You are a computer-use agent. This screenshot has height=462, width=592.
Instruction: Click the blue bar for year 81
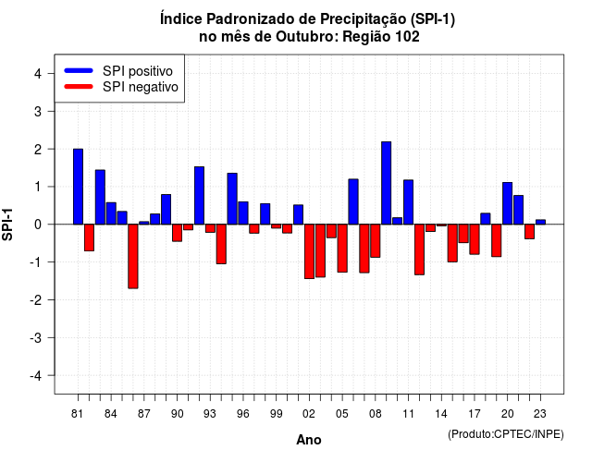pyautogui.click(x=78, y=187)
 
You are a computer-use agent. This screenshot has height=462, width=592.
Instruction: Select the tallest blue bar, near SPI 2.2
pyautogui.click(x=387, y=183)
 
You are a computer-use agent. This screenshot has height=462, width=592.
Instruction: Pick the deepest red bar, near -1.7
pyautogui.click(x=133, y=257)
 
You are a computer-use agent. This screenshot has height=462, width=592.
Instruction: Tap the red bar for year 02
pyautogui.click(x=309, y=251)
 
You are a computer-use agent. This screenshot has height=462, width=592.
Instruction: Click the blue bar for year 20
pyautogui.click(x=508, y=203)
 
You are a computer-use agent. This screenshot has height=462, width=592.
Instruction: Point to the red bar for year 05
pyautogui.click(x=342, y=249)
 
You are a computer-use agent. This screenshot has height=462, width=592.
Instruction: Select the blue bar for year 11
pyautogui.click(x=409, y=202)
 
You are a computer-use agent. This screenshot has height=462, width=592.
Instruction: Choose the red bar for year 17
pyautogui.click(x=475, y=239)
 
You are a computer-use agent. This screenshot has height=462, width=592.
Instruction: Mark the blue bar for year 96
pyautogui.click(x=243, y=213)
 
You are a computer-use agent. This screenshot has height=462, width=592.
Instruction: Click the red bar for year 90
pyautogui.click(x=177, y=233)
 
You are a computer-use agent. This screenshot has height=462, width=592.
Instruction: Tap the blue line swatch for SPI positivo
pyautogui.click(x=79, y=70)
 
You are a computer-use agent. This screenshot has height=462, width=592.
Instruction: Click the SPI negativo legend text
pyautogui.click(x=141, y=87)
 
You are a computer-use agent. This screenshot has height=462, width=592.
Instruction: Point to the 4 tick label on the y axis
pyautogui.click(x=38, y=74)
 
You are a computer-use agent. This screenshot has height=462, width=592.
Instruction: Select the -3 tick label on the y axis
pyautogui.click(x=35, y=338)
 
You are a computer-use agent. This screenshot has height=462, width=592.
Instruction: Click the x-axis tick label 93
pyautogui.click(x=210, y=414)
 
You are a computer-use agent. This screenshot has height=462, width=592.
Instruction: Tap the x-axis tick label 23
pyautogui.click(x=540, y=414)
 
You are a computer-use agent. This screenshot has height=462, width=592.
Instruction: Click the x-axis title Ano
pyautogui.click(x=309, y=440)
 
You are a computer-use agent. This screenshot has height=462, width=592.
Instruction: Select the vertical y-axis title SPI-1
pyautogui.click(x=7, y=225)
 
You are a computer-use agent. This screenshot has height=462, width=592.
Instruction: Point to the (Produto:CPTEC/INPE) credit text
pyautogui.click(x=506, y=434)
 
